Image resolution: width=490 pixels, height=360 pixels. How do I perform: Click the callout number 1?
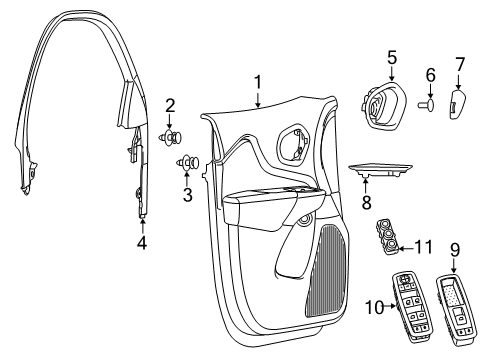(x=257, y=82)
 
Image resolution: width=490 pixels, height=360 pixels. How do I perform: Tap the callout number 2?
(x=170, y=105)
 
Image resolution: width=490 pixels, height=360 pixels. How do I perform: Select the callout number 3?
(x=186, y=195)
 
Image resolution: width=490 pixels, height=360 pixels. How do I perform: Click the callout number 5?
(x=392, y=57)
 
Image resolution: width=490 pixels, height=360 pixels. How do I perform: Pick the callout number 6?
(x=431, y=75)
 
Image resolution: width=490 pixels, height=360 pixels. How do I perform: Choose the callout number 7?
(x=460, y=66)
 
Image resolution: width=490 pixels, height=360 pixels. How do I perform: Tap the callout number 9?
(x=455, y=249)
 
